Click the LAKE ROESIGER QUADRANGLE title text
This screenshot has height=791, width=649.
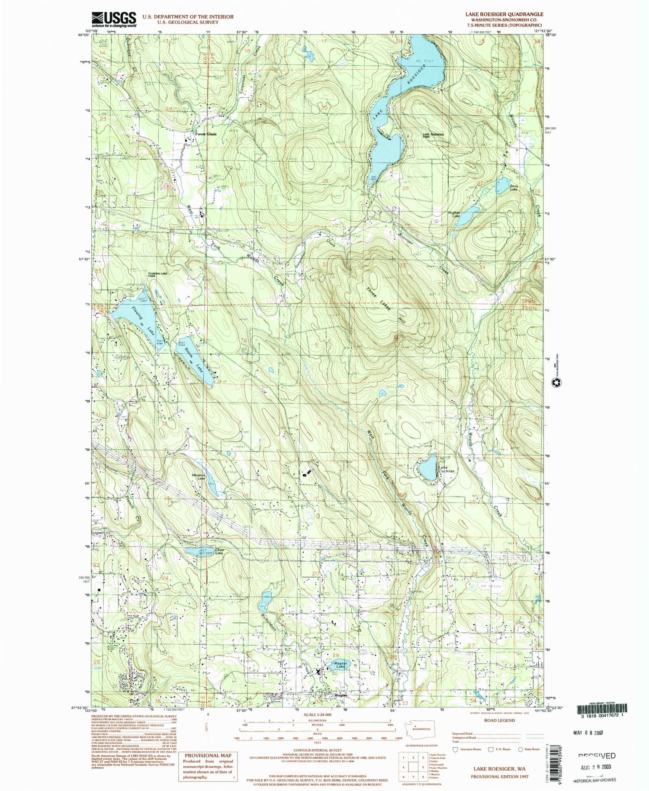[504, 14]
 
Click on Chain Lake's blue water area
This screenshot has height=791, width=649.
[198, 552]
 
